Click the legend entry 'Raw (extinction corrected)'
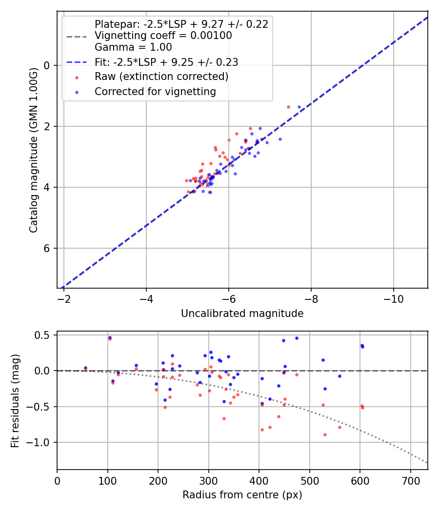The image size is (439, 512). [x=161, y=77]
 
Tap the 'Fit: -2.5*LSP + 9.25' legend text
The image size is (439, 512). [x=166, y=62]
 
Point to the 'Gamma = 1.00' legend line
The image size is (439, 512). [x=133, y=47]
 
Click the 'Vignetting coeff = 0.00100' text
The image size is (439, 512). [x=163, y=36]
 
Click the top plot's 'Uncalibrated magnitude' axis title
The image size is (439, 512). [x=242, y=314]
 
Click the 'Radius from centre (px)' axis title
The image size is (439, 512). [x=242, y=495]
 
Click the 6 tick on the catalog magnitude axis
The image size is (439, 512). [x=48, y=249]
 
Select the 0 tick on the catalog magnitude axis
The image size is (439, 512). [x=48, y=65]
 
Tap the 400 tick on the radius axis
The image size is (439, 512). [x=259, y=480]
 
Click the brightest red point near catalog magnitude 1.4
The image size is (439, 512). [x=288, y=107]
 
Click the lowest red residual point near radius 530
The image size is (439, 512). [x=325, y=434]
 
